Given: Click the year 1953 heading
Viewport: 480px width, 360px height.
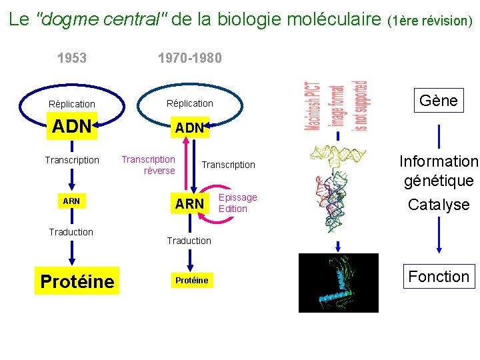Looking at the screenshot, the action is (72, 58).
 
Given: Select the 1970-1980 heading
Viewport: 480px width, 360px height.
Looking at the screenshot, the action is (189, 58).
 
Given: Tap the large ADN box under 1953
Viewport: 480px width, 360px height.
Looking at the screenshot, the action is (71, 127).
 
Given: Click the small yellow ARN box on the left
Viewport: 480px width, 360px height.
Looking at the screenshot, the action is (71, 201).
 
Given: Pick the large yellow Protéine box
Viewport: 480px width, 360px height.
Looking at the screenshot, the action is (77, 281).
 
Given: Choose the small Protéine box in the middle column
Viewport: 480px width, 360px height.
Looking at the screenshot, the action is (191, 281).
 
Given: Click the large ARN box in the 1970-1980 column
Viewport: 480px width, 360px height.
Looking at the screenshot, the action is (189, 203).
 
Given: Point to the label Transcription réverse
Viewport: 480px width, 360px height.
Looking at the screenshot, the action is (149, 165).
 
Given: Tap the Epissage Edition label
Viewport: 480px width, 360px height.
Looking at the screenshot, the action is (237, 203).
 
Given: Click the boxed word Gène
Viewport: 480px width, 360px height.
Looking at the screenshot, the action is (438, 101).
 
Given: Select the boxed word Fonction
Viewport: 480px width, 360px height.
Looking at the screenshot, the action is (439, 277).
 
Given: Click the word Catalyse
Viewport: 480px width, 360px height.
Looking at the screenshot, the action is (439, 205).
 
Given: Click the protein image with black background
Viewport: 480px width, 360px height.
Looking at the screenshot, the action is (338, 283).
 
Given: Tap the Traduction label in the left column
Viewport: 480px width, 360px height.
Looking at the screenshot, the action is (71, 232).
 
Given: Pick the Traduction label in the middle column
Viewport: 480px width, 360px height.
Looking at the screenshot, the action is (189, 241).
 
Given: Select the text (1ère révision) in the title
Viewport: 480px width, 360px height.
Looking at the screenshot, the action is (430, 21).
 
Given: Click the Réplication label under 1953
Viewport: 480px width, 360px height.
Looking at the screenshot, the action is (72, 104).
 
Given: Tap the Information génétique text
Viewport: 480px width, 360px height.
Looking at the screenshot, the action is (439, 171).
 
